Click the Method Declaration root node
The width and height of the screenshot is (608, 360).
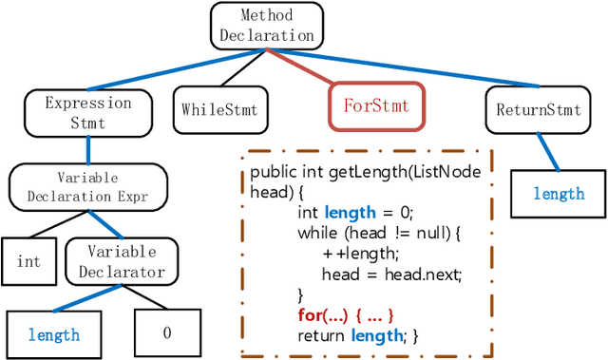[x=267, y=26]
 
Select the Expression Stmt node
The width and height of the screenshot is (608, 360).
[x=88, y=113]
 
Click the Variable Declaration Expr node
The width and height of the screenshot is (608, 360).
[x=87, y=187]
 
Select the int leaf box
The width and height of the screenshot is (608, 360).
[x=28, y=261]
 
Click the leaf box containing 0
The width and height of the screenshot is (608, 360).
[x=166, y=333]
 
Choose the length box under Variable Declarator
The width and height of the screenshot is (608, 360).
[x=54, y=334]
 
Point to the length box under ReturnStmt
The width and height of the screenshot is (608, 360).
[x=558, y=194]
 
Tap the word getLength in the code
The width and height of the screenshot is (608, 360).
[x=364, y=171]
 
